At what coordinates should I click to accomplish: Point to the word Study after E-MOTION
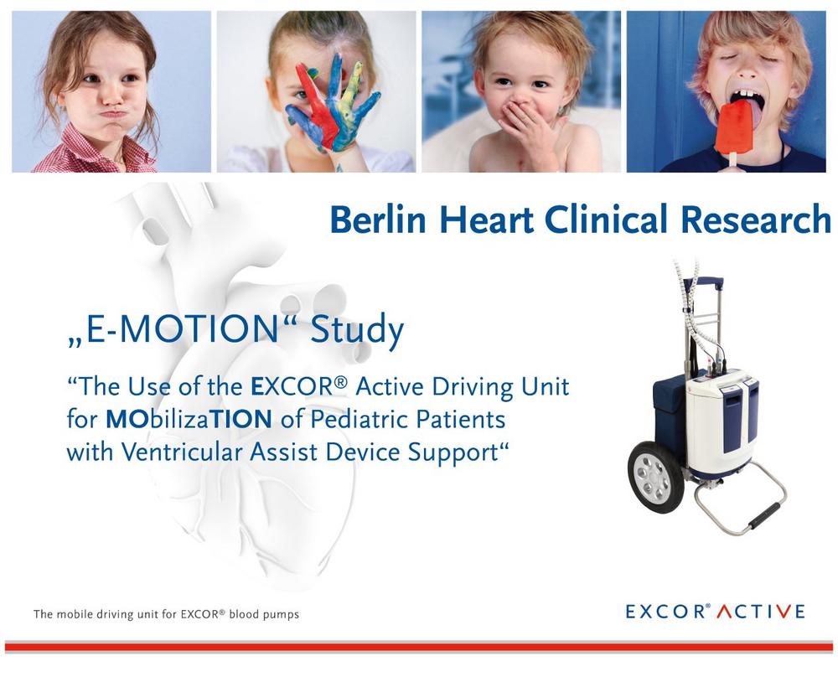[356, 330]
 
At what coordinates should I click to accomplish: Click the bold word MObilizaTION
[189, 419]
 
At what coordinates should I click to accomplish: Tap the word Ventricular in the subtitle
[181, 452]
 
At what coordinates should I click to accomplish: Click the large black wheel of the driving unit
[655, 478]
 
